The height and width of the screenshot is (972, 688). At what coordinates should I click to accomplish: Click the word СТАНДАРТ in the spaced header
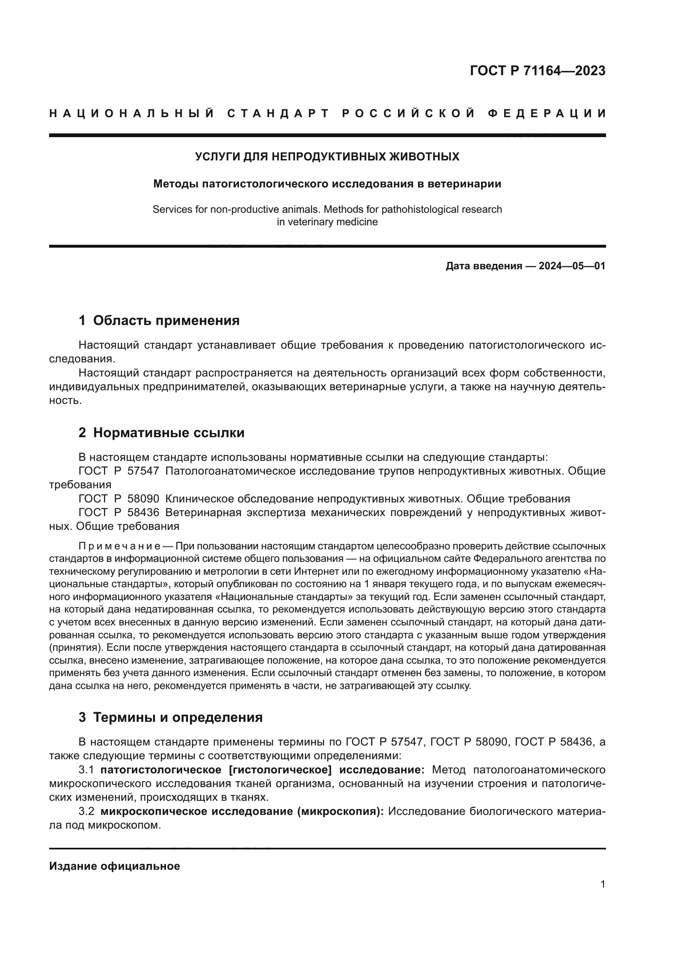278,113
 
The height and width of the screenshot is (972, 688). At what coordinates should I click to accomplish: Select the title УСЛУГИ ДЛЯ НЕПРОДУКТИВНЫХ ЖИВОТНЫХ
327,157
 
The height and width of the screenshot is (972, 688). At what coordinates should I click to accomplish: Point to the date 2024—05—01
572,266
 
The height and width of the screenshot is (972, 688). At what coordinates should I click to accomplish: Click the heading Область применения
166,320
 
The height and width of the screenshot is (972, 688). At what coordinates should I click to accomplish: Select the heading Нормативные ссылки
168,433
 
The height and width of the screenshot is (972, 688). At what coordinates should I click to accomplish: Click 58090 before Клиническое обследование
143,498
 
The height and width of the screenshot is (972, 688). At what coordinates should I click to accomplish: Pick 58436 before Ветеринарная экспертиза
143,512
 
